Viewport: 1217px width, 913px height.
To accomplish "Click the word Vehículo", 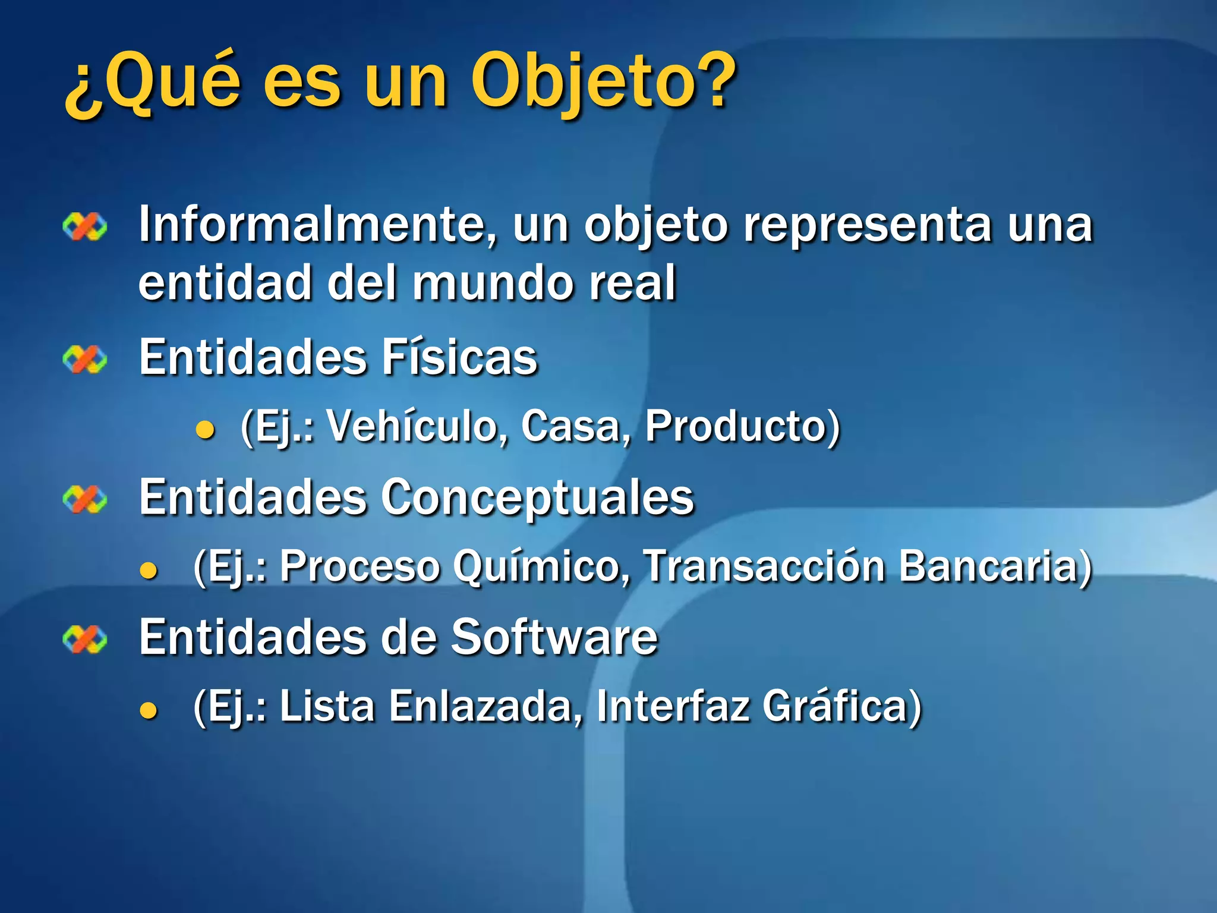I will [414, 426].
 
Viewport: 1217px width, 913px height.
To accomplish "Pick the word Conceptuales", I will [537, 498].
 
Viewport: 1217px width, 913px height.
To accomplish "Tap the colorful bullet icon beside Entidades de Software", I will [85, 640].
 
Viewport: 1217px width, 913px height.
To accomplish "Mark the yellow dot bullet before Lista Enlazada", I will [149, 710].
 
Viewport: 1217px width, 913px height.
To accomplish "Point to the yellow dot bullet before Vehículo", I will [205, 430].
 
